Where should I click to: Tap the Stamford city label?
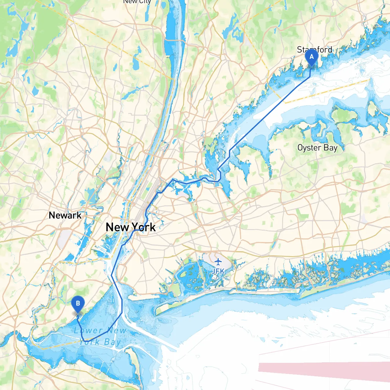coord(314,49)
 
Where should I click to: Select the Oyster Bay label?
coord(317,148)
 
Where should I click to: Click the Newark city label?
coord(65,215)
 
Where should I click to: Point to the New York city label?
coord(130,227)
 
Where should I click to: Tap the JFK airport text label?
coord(218,271)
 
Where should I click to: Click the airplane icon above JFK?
coord(218,262)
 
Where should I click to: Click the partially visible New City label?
coord(137,2)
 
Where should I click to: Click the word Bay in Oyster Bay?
coord(331,148)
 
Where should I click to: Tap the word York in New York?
coord(144,227)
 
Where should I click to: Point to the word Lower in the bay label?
coord(88,330)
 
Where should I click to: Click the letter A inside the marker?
coord(311,57)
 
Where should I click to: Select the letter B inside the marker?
coord(78,303)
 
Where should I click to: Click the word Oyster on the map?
coord(309,148)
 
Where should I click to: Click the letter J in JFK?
coord(214,271)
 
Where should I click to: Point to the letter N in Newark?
coord(52,215)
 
